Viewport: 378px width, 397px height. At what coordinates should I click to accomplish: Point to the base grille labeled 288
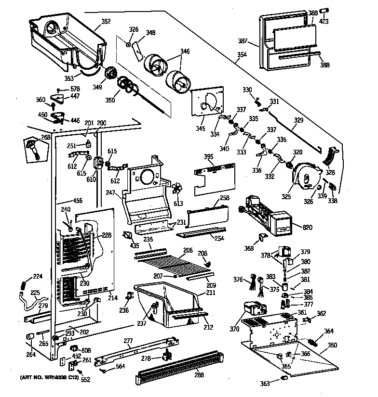click(x=181, y=371)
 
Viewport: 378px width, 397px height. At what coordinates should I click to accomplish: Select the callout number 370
click(x=234, y=330)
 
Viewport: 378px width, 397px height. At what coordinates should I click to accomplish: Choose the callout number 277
click(x=128, y=341)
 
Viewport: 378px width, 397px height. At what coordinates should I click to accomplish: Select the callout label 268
click(x=45, y=137)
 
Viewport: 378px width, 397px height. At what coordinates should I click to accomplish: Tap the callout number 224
click(x=37, y=276)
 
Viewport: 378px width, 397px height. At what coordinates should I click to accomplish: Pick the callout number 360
click(x=333, y=345)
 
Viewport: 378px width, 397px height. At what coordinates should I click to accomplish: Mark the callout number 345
click(x=200, y=116)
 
